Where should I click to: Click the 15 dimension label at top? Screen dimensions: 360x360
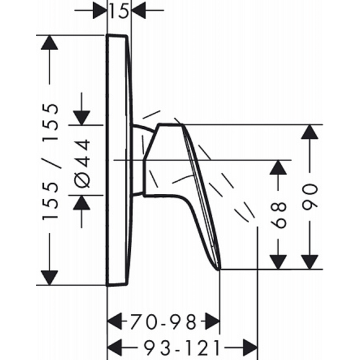[x=119, y=11]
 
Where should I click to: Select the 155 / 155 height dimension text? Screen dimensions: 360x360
[x=50, y=162]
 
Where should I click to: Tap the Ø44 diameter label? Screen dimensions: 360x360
[x=82, y=163]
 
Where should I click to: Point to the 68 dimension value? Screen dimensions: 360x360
[x=278, y=215]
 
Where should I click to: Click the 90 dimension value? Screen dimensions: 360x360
[x=309, y=197]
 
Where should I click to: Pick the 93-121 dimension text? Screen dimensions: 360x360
[x=183, y=347]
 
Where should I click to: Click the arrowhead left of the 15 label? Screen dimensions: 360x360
[x=100, y=11]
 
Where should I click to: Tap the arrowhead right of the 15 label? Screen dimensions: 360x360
[x=139, y=11]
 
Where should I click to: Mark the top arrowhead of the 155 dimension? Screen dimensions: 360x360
[x=49, y=42]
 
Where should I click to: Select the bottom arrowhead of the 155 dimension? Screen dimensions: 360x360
[x=49, y=278]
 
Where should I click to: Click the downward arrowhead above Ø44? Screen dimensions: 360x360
[x=81, y=117]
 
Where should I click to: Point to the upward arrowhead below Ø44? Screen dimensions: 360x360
[x=81, y=202]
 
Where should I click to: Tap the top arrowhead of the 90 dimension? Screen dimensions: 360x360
[x=309, y=132]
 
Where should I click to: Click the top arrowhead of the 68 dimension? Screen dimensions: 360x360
[x=278, y=167]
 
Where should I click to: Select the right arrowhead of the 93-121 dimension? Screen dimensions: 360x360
[x=250, y=347]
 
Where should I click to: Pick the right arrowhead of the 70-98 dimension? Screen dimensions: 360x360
[x=212, y=322]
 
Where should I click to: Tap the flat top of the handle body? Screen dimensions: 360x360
[x=171, y=124]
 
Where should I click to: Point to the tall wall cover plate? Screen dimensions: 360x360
[x=119, y=160]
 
